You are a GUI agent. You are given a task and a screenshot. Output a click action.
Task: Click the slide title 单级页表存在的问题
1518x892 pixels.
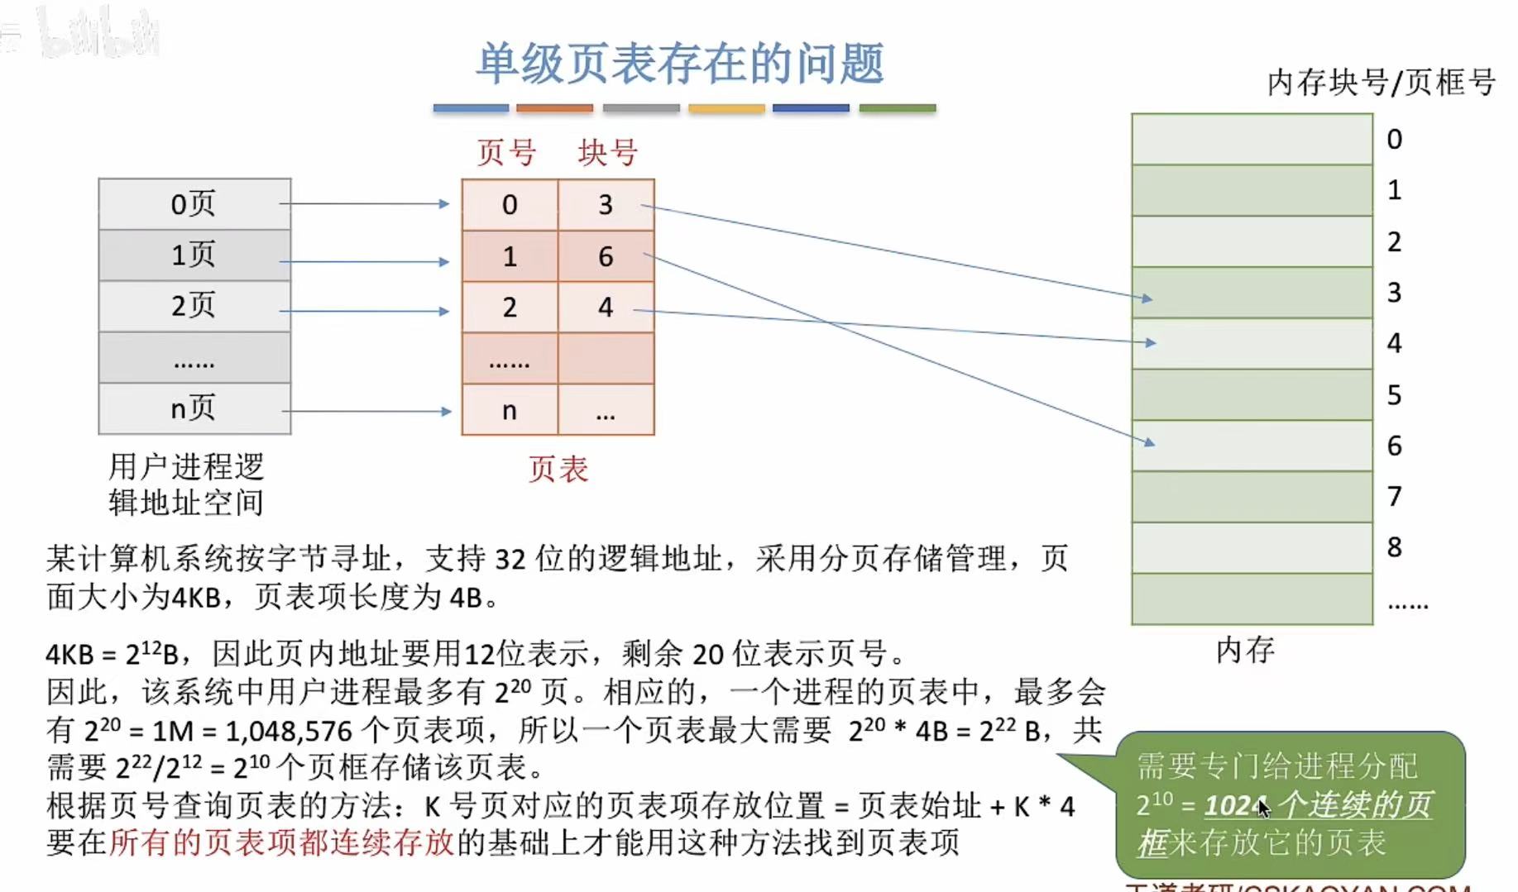(x=680, y=64)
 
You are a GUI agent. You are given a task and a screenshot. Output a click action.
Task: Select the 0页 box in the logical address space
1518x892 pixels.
(x=194, y=204)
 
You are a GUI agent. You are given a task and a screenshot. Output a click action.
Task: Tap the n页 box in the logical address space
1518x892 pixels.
(x=194, y=408)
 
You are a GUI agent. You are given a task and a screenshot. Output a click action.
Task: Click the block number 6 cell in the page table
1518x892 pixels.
(x=606, y=256)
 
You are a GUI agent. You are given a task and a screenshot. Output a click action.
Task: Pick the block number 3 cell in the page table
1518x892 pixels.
(x=606, y=205)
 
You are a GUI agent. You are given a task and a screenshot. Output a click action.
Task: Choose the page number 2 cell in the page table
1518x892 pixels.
(x=510, y=308)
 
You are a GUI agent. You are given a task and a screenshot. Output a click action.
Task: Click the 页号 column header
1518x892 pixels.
(x=506, y=153)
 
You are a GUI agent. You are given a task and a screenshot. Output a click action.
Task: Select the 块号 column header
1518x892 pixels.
(x=607, y=153)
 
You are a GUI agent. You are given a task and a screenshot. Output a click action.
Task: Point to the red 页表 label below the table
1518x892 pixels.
(x=558, y=470)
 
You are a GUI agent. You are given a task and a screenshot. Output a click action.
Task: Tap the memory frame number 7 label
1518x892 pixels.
(x=1394, y=497)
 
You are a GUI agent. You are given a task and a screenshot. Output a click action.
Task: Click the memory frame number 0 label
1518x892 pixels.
(x=1394, y=140)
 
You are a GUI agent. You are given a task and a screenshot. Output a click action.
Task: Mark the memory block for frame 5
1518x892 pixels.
(x=1252, y=394)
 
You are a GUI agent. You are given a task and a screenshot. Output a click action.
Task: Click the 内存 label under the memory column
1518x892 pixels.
(x=1245, y=650)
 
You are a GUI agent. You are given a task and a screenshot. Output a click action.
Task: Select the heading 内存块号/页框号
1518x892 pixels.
(x=1381, y=83)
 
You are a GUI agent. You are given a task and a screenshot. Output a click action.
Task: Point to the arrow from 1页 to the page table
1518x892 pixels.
(x=364, y=261)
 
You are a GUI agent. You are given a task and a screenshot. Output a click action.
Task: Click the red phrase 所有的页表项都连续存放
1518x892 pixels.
(x=282, y=842)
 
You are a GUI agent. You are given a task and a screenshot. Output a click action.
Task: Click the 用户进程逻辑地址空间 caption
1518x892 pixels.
(x=186, y=484)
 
